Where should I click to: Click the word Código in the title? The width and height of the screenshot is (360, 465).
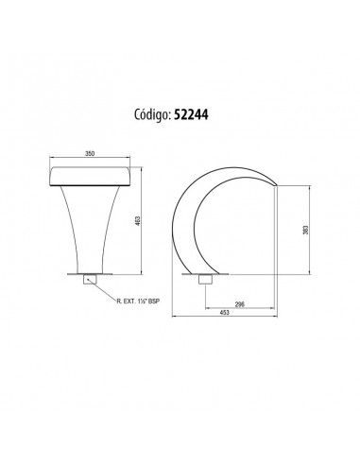click(x=153, y=115)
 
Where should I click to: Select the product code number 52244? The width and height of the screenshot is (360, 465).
click(x=191, y=115)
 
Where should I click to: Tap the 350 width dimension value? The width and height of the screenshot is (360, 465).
click(x=90, y=154)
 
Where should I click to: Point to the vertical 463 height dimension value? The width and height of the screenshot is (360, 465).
click(x=137, y=221)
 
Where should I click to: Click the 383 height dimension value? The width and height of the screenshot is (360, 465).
click(x=305, y=230)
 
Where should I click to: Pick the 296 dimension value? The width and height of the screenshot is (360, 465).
click(x=240, y=304)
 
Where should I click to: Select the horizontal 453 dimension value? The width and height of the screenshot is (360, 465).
click(x=224, y=313)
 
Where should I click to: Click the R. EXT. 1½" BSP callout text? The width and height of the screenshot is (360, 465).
click(x=138, y=301)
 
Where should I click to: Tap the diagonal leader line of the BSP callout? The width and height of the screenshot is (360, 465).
click(x=102, y=287)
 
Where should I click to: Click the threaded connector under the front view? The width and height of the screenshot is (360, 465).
click(x=90, y=280)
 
